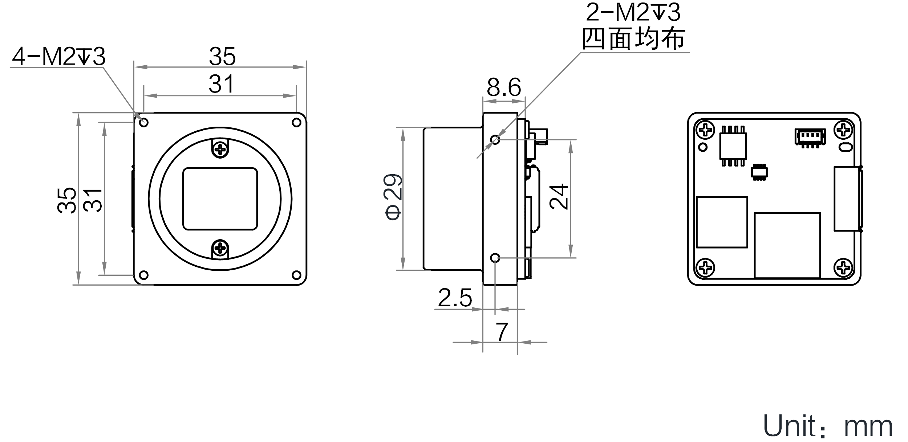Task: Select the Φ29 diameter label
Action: tap(393, 198)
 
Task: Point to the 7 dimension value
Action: tap(502, 332)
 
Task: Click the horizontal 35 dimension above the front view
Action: tap(222, 57)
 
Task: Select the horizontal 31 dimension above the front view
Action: tap(221, 84)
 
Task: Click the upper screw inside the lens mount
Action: tap(220, 148)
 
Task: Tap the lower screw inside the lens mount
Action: tap(220, 249)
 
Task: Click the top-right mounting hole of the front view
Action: tap(297, 123)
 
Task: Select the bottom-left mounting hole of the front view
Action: tap(144, 275)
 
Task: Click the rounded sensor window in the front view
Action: tap(220, 199)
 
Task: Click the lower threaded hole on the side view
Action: tap(495, 258)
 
